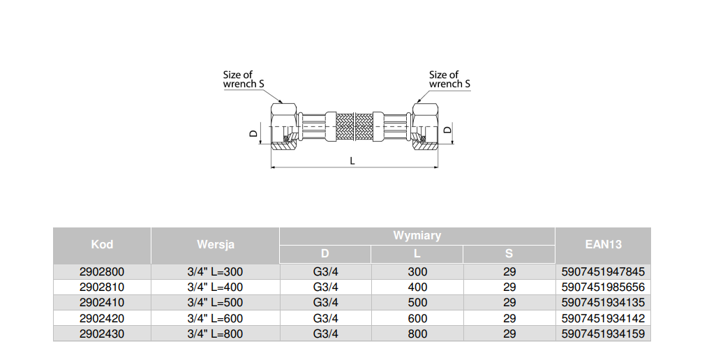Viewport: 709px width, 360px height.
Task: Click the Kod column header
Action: pos(102,245)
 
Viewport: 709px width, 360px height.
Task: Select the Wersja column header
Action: pos(215,245)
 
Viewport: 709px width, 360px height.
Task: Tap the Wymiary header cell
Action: pos(417,236)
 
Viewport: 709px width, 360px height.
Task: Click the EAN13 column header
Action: pos(602,245)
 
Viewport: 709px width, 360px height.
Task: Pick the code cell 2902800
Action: pos(102,271)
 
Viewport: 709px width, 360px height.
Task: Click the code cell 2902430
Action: pos(102,334)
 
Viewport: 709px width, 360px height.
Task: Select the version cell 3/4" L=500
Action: pos(215,303)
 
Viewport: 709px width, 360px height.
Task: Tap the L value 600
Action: pos(417,319)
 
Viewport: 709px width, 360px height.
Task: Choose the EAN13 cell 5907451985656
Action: pos(603,287)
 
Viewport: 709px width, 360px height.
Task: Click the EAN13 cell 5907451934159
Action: pos(603,334)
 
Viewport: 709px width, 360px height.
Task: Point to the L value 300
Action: pos(417,271)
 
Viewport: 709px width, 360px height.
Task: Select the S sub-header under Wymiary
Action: pos(509,254)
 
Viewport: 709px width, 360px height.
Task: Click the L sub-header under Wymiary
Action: pos(417,254)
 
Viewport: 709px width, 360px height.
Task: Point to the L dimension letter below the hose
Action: pos(353,160)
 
